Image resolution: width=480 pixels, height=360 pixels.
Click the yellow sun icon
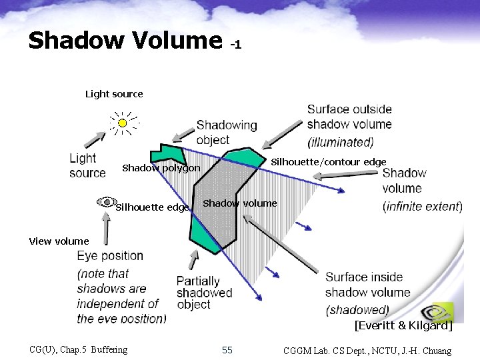[122, 123]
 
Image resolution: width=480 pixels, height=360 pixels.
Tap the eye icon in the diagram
[106, 201]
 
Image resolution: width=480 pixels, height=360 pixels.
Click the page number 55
[227, 350]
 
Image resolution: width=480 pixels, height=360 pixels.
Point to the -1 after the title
[235, 45]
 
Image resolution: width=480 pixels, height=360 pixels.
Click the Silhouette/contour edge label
[328, 162]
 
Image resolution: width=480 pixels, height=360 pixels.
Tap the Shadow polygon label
[161, 169]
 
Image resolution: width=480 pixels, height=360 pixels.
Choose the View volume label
[59, 241]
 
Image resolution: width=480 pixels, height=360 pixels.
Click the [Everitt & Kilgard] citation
[403, 326]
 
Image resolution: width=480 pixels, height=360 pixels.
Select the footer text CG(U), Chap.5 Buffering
[79, 350]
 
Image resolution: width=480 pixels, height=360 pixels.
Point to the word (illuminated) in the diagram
[340, 142]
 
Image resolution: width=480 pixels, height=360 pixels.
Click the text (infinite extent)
[423, 207]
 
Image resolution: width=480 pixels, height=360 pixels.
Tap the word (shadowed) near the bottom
[357, 309]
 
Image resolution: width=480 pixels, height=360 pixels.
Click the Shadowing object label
[226, 132]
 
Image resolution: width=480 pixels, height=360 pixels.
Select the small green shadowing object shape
[163, 153]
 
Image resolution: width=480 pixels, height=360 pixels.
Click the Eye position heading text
[110, 256]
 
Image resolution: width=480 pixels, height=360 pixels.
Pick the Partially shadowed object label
[204, 293]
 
